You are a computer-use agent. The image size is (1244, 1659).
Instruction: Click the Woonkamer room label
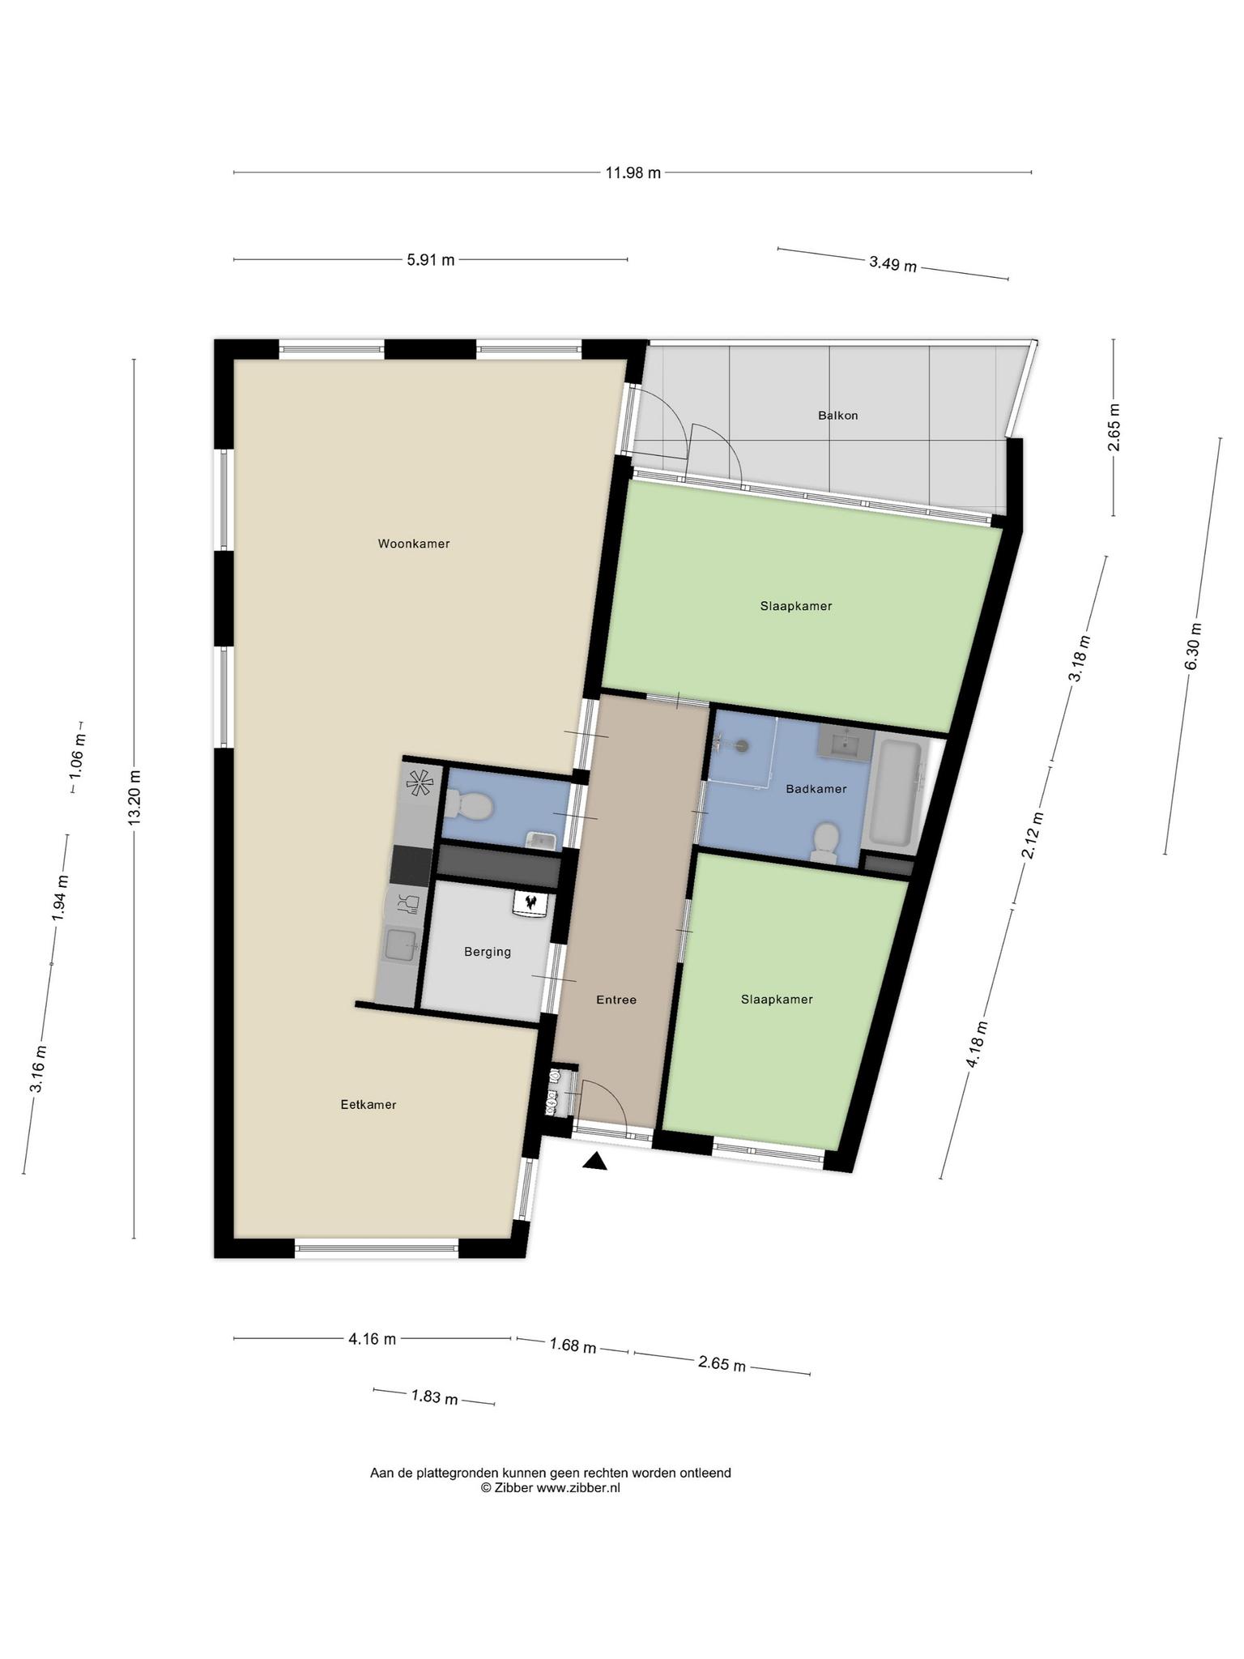point(413,544)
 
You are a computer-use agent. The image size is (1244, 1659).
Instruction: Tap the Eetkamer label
point(369,1104)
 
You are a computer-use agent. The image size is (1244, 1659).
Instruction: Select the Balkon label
point(837,416)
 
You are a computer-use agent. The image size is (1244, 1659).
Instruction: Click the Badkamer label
point(816,788)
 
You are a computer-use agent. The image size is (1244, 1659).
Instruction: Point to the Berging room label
point(488,952)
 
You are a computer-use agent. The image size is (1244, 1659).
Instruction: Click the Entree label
point(616,1000)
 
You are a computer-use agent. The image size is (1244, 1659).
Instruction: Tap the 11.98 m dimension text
point(633,173)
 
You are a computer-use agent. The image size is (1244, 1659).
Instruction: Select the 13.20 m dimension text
point(134,798)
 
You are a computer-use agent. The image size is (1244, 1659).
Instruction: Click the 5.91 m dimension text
point(430,260)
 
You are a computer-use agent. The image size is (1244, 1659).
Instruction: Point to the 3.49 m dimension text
point(893,264)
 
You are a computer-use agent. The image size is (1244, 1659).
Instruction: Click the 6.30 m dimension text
point(1194,646)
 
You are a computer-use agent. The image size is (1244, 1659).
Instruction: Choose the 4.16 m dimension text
point(372,1339)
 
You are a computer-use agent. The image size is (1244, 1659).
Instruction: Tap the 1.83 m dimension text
point(435,1397)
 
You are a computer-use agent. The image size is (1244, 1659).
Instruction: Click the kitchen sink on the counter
point(401,945)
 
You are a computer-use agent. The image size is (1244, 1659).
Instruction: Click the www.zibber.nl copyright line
point(551,1487)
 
